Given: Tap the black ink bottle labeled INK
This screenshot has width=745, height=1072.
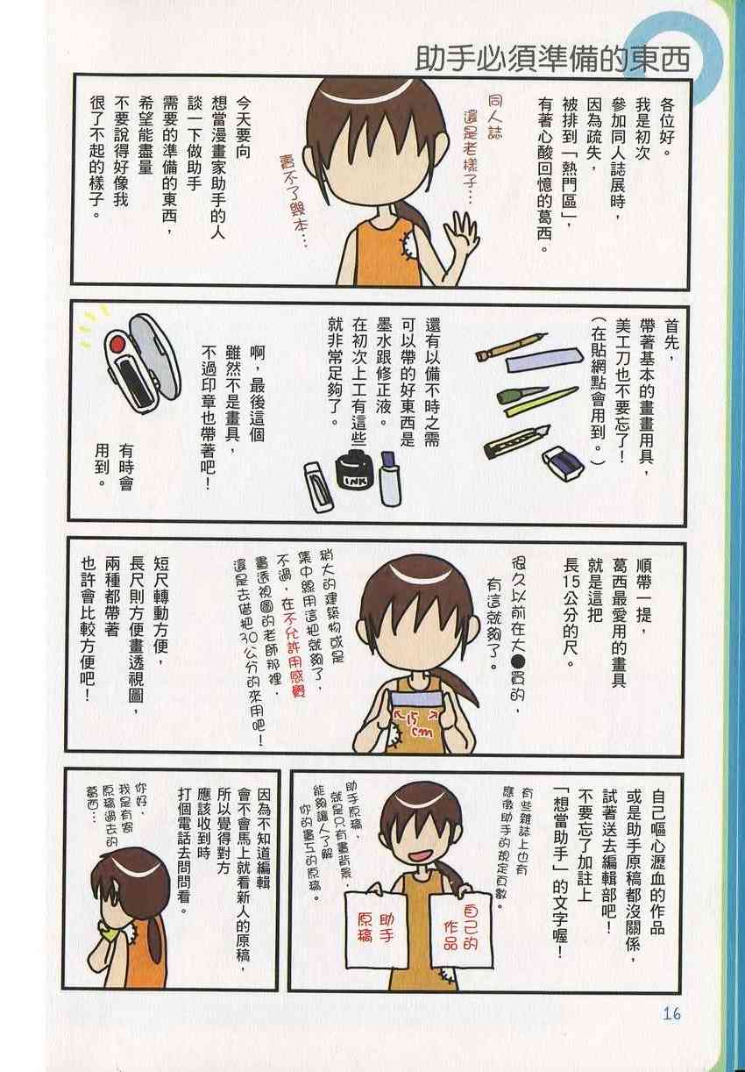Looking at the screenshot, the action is click(x=354, y=470).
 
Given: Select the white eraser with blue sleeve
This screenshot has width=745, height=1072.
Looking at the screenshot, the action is click(x=563, y=463).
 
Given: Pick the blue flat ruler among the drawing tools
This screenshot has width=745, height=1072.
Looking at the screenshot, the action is click(x=544, y=359).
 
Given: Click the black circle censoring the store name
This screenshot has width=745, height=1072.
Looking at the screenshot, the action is click(x=518, y=661).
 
